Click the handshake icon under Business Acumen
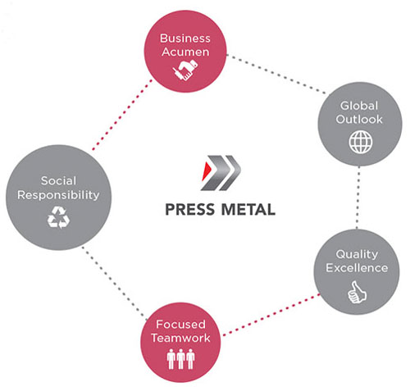185,70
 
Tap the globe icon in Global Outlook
361,142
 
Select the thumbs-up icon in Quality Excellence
357,292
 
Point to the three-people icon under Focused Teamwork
180,359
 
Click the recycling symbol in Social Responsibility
58,217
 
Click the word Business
185,39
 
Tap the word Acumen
185,52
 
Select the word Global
359,106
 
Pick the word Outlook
359,119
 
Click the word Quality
357,255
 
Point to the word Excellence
357,268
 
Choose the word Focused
180,325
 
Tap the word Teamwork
180,338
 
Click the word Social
58,180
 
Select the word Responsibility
58,195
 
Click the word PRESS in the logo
190,210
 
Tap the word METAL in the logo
248,210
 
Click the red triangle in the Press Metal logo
206,171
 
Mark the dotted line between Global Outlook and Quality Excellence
358,198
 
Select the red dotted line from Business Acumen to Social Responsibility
122,115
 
